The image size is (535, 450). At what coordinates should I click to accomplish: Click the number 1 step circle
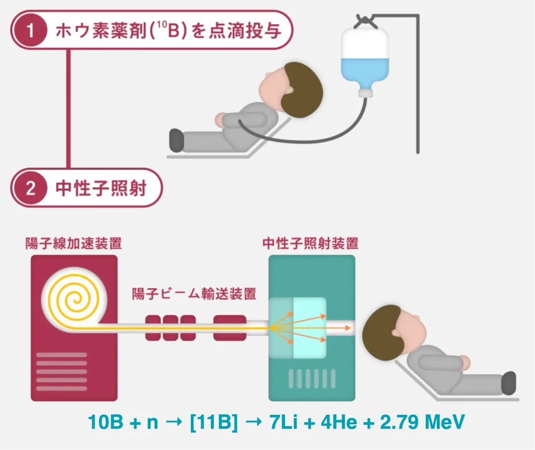pyautogui.click(x=30, y=31)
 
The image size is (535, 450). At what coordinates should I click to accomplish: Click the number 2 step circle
pyautogui.click(x=30, y=189)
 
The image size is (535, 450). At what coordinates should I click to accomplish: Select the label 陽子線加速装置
pyautogui.click(x=74, y=244)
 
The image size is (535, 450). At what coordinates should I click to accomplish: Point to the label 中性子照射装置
pyautogui.click(x=311, y=244)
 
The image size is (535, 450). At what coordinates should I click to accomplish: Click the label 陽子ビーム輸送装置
pyautogui.click(x=194, y=293)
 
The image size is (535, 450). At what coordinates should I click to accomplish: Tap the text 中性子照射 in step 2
pyautogui.click(x=101, y=189)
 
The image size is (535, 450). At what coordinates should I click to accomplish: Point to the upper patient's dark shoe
pyautogui.click(x=176, y=140)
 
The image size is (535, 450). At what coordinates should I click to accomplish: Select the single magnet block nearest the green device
pyautogui.click(x=229, y=328)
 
